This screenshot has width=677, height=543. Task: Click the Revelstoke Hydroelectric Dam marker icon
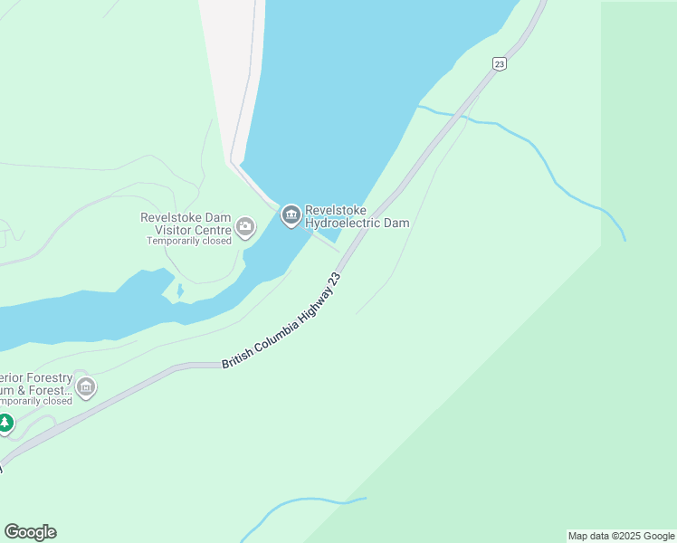click(291, 215)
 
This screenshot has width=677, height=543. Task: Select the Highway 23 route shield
click(499, 63)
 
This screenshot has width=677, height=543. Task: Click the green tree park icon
click(5, 423)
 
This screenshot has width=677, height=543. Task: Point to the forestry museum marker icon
click(86, 389)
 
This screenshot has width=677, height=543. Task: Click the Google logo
click(30, 532)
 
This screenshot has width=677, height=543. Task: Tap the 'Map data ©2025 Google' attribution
click(621, 536)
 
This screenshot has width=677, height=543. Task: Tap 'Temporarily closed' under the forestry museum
click(34, 401)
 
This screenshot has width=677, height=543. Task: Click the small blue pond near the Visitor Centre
click(179, 291)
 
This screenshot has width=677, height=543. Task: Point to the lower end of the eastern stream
click(624, 238)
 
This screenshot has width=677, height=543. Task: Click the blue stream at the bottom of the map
click(299, 503)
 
